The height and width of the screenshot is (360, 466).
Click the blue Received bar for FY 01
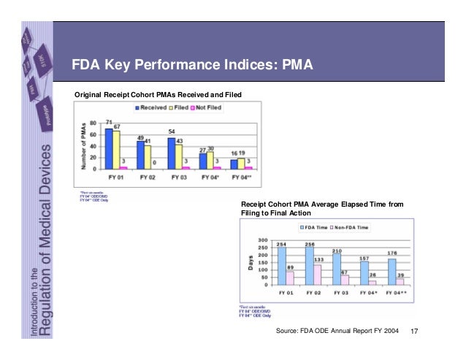pos(108,148)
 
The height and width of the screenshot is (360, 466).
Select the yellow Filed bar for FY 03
pos(179,156)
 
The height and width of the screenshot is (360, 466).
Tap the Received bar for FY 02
pos(140,154)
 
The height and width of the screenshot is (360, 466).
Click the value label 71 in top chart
pos(108,122)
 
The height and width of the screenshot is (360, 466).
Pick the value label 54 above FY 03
pos(172,131)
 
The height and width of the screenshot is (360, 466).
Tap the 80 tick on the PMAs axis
pos(93,123)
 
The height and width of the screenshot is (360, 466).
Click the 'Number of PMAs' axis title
pos(85,146)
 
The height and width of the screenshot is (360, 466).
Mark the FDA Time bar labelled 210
pos(337,268)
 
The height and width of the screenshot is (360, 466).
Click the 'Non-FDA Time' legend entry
pos(351,227)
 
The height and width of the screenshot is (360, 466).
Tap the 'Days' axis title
pos(251,261)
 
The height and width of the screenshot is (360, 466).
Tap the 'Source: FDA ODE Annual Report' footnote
pos(337,332)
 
